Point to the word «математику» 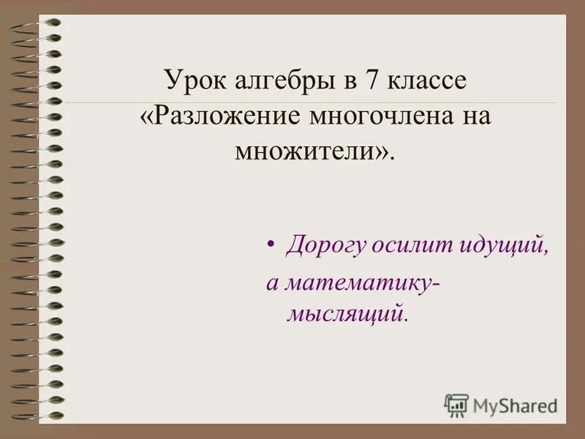coord(357,282)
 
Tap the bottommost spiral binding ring coord(37,416)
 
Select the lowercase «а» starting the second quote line coord(271,283)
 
